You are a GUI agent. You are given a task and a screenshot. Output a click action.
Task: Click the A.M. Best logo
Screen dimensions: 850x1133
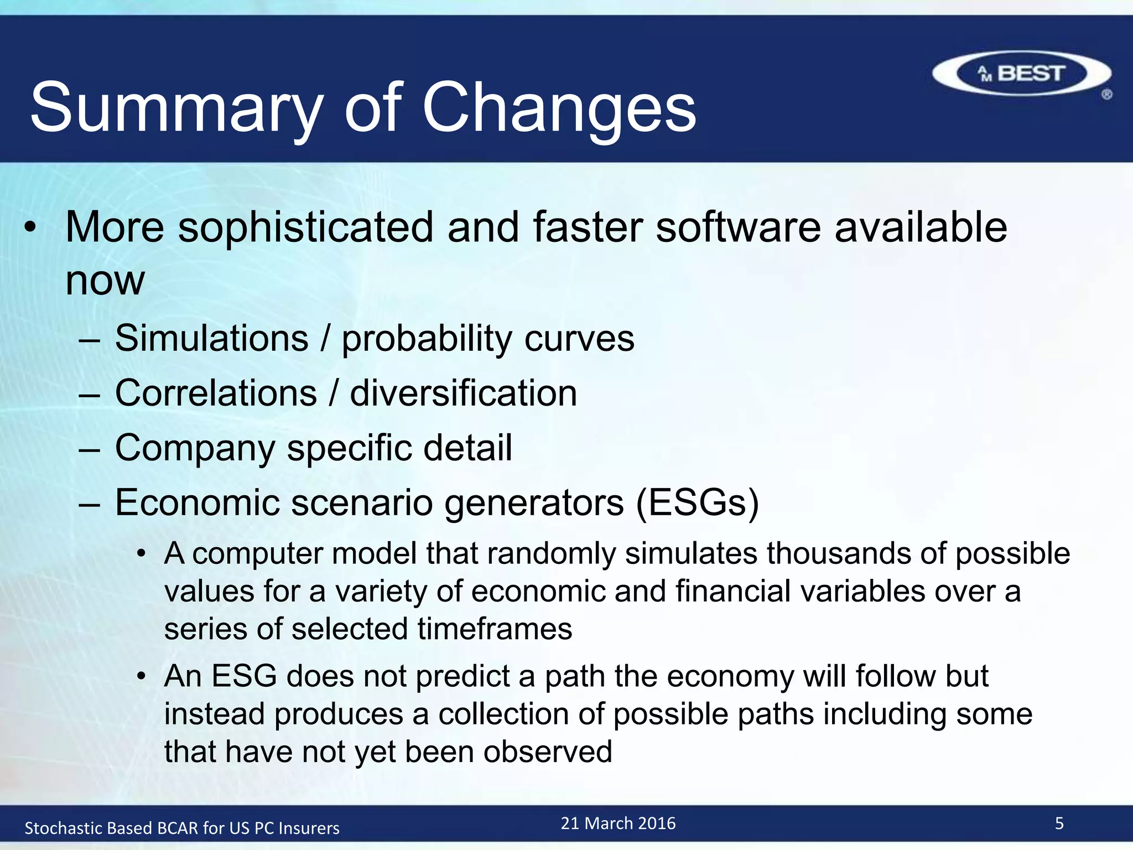point(1021,74)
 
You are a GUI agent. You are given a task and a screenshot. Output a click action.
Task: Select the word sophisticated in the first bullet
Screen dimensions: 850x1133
point(305,228)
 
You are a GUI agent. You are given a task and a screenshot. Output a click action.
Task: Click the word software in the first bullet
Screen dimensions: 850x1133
point(738,227)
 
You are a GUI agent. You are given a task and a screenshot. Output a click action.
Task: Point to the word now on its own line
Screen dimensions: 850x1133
point(105,281)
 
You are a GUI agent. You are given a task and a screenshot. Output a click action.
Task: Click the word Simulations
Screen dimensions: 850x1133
point(211,338)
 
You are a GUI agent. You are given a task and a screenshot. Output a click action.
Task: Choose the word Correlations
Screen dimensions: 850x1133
point(216,393)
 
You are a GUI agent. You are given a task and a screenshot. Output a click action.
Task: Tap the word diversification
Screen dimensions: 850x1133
point(464,393)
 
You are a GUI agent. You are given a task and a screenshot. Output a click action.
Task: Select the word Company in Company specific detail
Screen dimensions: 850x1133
point(195,448)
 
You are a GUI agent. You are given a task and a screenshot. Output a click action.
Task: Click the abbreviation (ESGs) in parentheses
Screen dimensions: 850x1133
point(697,502)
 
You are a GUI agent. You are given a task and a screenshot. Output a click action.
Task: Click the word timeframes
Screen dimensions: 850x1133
point(495,629)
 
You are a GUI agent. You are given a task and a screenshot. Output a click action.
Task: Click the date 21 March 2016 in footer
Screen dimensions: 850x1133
point(618,823)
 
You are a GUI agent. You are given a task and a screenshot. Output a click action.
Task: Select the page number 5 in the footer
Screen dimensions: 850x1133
point(1059,823)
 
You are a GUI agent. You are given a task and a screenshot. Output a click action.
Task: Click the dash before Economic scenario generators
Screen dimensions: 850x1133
point(89,504)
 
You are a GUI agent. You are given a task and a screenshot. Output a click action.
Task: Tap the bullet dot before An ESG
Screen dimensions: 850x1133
point(142,676)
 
